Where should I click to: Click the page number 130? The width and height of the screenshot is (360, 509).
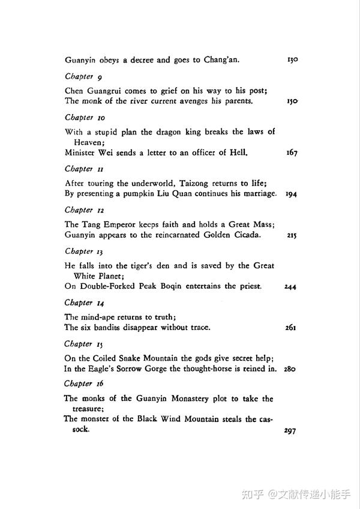click(292, 60)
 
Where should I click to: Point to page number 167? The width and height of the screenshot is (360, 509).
click(292, 153)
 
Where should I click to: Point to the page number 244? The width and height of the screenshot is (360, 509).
click(291, 287)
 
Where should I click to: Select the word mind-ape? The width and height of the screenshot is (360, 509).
click(95, 317)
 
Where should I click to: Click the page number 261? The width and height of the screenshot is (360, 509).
click(292, 328)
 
